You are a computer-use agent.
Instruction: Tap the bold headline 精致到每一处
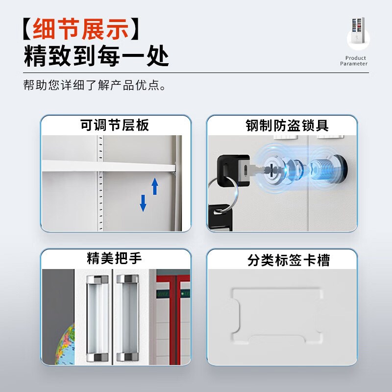[97, 57]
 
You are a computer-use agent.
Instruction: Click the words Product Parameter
[353, 61]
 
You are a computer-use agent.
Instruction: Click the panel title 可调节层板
[115, 125]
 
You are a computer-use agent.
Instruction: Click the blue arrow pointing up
[155, 186]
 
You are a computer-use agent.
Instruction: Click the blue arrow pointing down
[143, 202]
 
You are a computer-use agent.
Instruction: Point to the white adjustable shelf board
[108, 167]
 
